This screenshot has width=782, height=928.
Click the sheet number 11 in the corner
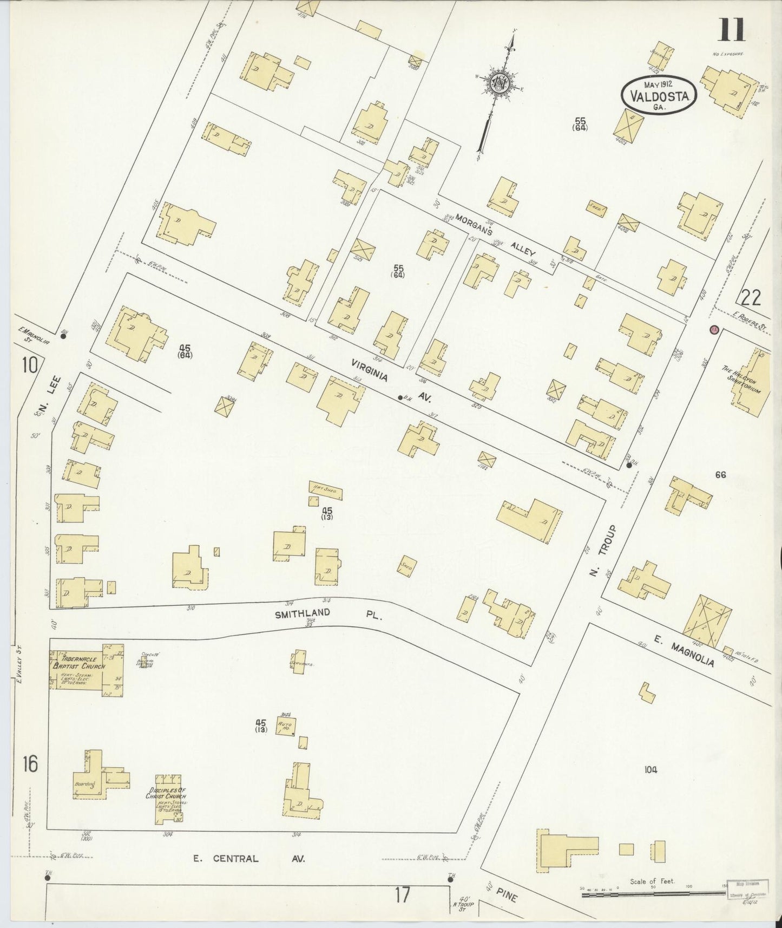pyautogui.click(x=731, y=29)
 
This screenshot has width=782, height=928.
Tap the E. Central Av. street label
pyautogui.click(x=249, y=858)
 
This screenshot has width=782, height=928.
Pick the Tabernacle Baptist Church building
pyautogui.click(x=85, y=670)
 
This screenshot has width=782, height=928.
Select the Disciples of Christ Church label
pyautogui.click(x=166, y=793)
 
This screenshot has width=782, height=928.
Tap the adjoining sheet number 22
pyautogui.click(x=751, y=298)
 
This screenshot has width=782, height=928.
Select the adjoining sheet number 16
pyautogui.click(x=30, y=764)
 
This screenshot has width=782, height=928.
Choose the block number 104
pyautogui.click(x=650, y=770)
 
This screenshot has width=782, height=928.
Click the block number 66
pyautogui.click(x=720, y=475)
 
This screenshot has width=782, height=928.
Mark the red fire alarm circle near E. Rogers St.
pyautogui.click(x=713, y=329)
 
